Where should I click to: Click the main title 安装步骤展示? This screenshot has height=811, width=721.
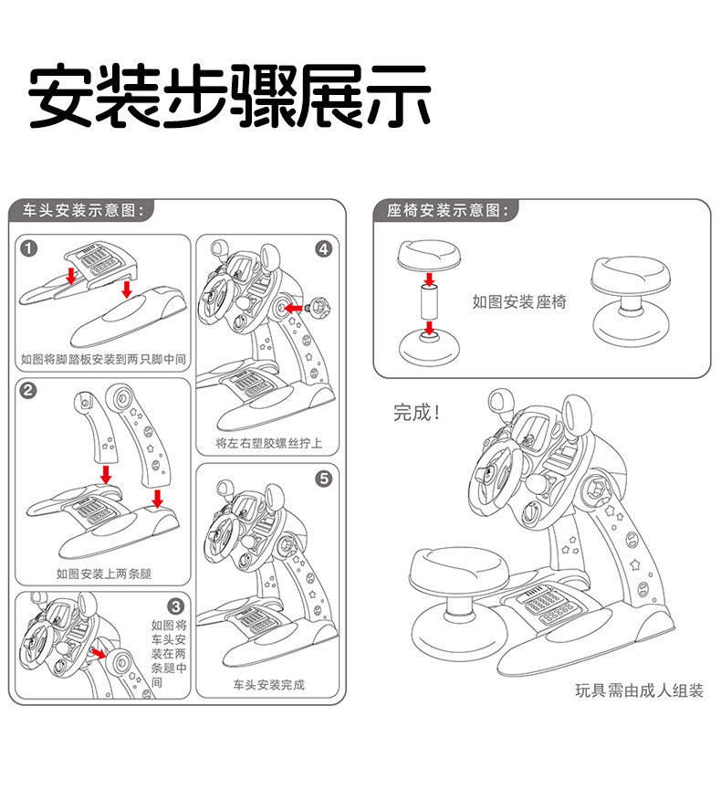click(x=229, y=96)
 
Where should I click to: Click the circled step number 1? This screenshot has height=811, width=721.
click(x=30, y=248)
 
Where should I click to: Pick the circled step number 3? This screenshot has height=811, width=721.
click(x=177, y=606)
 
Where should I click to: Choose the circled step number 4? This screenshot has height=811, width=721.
click(x=324, y=248)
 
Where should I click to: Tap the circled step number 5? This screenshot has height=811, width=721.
click(x=324, y=478)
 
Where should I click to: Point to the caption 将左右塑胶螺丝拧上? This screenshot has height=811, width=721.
click(x=268, y=443)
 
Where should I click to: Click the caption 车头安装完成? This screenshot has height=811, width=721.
click(x=268, y=684)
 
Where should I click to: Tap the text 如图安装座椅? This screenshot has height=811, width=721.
click(x=518, y=301)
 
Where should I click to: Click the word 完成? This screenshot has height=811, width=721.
click(x=417, y=413)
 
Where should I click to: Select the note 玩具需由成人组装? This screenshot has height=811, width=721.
click(x=639, y=690)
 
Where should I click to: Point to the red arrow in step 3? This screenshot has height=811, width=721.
click(x=98, y=655)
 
